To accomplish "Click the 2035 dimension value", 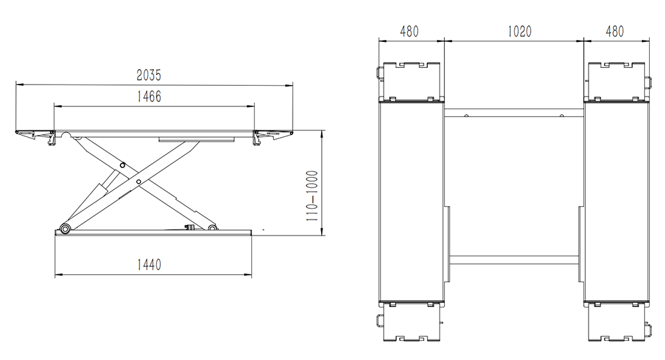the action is pos(149,75).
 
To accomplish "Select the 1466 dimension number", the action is pos(149,96).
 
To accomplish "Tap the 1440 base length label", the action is pos(149,265).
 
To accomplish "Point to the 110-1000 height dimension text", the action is pos(312,196).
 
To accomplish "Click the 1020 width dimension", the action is pos(519,31).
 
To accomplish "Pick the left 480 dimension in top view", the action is pos(409,31).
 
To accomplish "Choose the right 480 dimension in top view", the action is pos(614,31).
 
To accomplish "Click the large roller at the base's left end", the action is pos(65,229).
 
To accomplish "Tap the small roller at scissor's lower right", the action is pos(211,228).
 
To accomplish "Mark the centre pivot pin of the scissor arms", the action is pos(138,182).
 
